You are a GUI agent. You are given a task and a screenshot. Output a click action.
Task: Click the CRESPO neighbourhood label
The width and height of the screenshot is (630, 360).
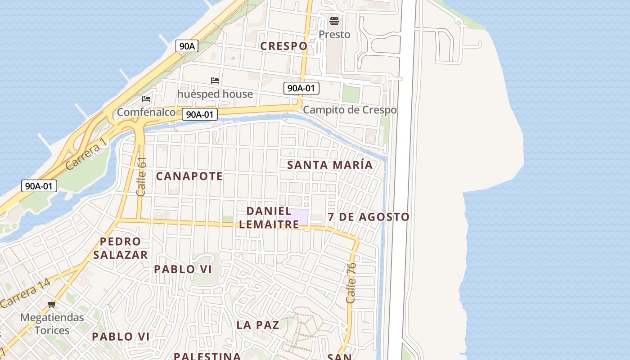[x=284, y=46]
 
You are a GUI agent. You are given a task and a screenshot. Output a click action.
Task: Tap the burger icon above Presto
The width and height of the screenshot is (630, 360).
[x=334, y=21]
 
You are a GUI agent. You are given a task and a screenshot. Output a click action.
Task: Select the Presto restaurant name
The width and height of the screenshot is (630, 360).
[x=334, y=34]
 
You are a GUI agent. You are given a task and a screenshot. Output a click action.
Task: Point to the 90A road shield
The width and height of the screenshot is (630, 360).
[x=187, y=45]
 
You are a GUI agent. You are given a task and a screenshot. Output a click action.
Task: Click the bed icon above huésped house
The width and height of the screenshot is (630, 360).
[x=215, y=81]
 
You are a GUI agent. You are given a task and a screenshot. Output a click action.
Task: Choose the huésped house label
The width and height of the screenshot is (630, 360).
[x=215, y=94]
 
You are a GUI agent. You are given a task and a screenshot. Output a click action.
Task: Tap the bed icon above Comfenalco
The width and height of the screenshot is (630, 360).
[x=146, y=99]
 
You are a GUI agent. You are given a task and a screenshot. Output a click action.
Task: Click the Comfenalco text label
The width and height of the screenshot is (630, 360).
[x=146, y=112]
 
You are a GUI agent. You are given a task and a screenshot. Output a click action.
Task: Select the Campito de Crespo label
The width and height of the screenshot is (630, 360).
[x=350, y=110]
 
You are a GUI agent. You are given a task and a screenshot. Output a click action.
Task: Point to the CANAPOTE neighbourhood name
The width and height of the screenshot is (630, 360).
[x=189, y=176]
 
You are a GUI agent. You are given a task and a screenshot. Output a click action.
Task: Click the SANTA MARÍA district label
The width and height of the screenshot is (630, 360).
[x=330, y=165]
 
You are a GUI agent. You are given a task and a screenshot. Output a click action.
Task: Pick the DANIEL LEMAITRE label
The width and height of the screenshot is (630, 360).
[x=269, y=217]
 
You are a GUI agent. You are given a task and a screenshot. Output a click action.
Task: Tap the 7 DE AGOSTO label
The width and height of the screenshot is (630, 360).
[x=369, y=217]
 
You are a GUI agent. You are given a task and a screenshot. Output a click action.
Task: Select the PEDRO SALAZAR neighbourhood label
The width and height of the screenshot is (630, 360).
[x=121, y=248]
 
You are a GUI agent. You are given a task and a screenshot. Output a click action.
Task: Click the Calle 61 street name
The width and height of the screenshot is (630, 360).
[x=142, y=176]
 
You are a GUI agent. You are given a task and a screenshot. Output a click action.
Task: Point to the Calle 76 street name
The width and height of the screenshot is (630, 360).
[x=351, y=283]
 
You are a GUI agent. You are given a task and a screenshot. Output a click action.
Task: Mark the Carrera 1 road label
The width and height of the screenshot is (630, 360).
[x=86, y=154]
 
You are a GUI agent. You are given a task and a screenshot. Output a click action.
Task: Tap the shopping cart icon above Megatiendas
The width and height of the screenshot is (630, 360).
[x=52, y=305]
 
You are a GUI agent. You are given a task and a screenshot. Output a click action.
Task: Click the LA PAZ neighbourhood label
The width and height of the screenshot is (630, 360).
[x=258, y=325]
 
